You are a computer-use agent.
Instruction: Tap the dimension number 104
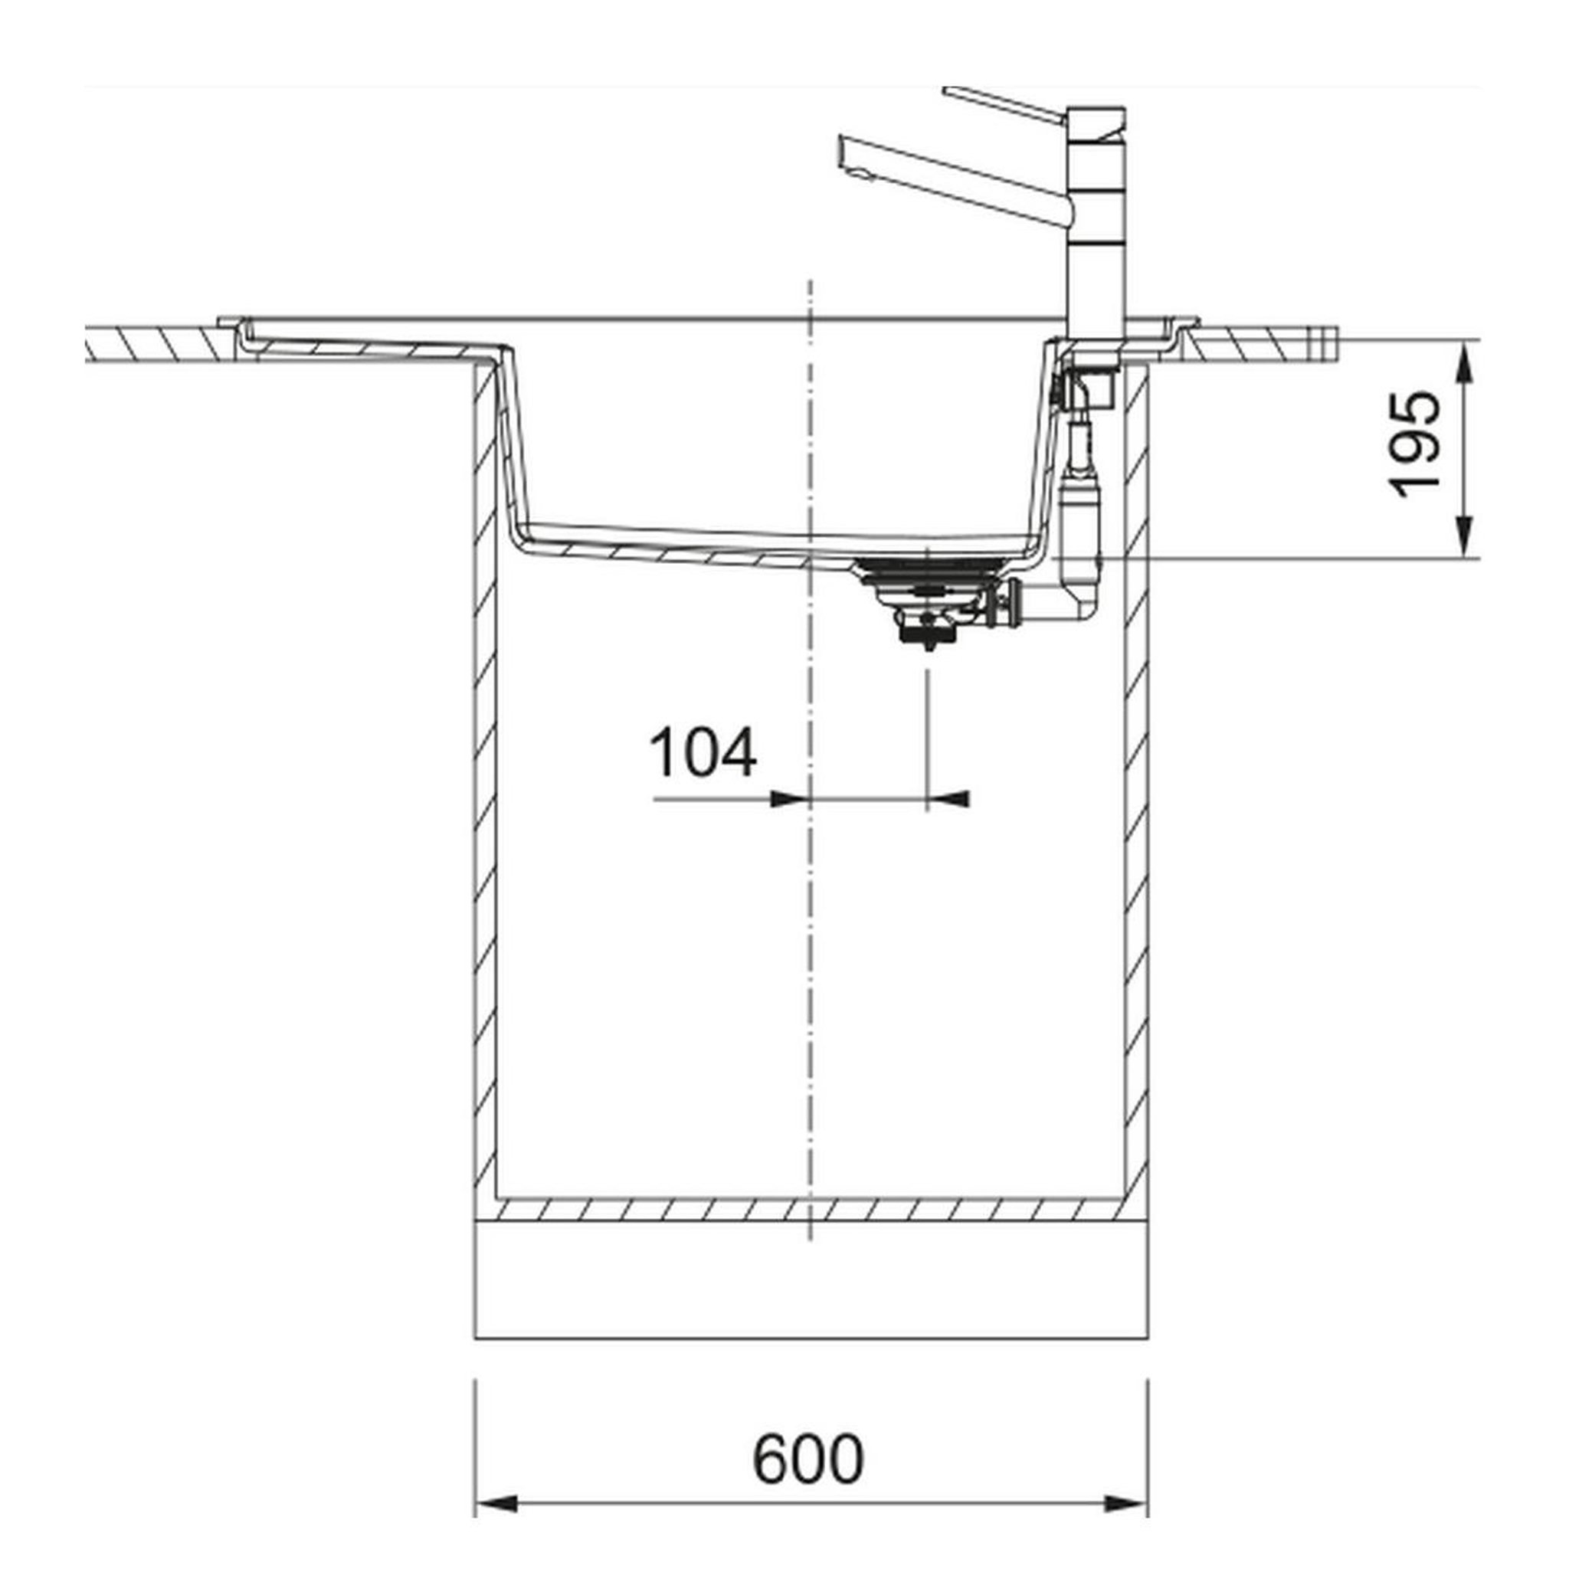(703, 753)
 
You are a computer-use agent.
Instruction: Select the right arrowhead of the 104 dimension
(947, 800)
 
